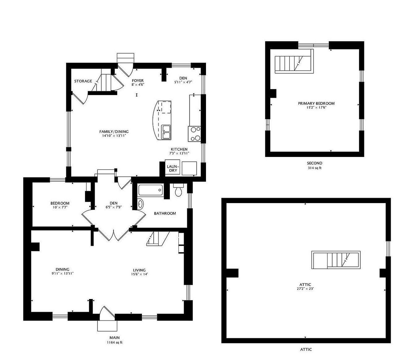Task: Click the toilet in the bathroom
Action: [x=178, y=190]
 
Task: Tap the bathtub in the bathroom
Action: [x=151, y=190]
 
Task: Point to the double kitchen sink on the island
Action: [x=166, y=132]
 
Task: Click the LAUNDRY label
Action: [x=173, y=168]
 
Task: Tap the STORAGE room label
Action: [x=83, y=81]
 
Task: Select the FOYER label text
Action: [x=138, y=80]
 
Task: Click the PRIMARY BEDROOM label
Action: [x=316, y=103]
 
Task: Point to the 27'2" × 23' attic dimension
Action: [x=305, y=288]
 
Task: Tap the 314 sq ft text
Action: [x=315, y=168]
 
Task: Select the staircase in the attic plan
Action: [x=336, y=260]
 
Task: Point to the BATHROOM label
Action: [x=165, y=213]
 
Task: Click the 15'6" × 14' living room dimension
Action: [x=139, y=274]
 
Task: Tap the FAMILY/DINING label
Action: [x=114, y=132]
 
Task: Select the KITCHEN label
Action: [x=179, y=149]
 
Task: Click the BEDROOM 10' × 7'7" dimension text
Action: [x=60, y=207]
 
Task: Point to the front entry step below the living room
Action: [x=107, y=326]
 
